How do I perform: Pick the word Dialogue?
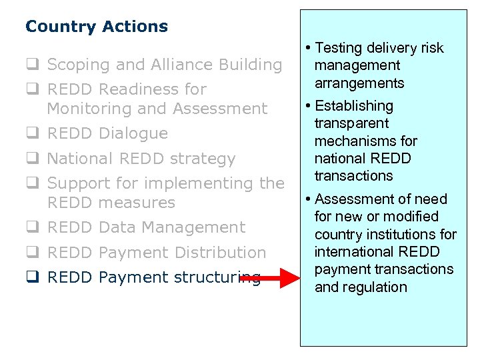point(133,133)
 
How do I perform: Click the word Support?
point(82,183)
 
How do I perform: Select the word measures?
point(137,202)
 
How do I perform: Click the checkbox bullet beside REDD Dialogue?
point(31,133)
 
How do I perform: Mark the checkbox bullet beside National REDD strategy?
point(31,159)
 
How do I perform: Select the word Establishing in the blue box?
point(354,106)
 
